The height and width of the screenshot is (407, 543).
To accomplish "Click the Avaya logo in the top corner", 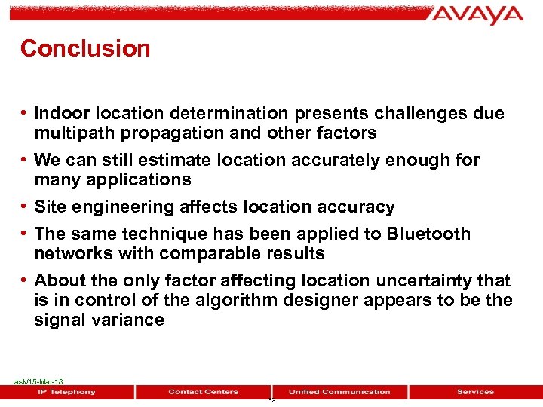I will (478, 14).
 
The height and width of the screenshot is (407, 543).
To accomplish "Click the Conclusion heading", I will (85, 48).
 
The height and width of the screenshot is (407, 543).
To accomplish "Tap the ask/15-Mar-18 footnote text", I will (38, 382).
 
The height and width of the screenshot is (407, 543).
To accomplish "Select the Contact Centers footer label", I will (203, 392).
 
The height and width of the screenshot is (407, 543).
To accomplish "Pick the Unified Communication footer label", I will (339, 392).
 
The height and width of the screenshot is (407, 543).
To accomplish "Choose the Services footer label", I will (475, 392).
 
